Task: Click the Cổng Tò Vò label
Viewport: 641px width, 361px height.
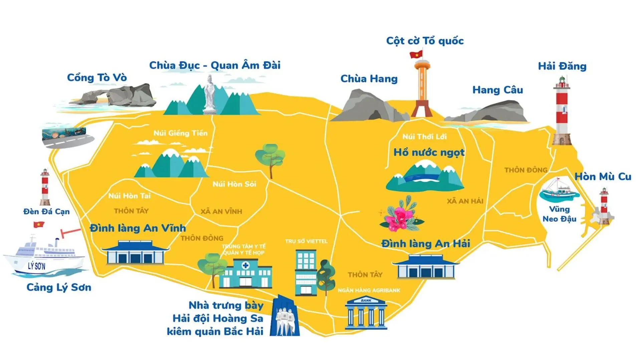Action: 97,78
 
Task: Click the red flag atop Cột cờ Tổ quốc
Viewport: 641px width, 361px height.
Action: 416,54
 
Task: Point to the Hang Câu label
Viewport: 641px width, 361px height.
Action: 497,90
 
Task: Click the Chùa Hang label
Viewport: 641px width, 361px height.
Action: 369,79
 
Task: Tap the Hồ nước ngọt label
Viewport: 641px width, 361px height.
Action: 429,152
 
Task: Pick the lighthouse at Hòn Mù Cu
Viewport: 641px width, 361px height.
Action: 604,206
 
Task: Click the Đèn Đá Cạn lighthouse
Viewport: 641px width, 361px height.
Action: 45,187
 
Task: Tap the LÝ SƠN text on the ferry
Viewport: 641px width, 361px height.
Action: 37,266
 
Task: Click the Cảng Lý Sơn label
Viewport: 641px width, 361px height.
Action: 59,287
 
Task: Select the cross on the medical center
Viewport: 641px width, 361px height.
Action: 246,266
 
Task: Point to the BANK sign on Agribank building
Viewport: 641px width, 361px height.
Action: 366,300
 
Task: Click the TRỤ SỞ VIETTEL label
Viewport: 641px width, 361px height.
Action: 306,241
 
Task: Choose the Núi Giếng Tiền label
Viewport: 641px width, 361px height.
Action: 180,133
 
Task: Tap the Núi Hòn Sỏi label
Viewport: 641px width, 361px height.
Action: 234,184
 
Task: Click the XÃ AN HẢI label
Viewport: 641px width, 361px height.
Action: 465,201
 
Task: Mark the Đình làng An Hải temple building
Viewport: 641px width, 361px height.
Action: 426,267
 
